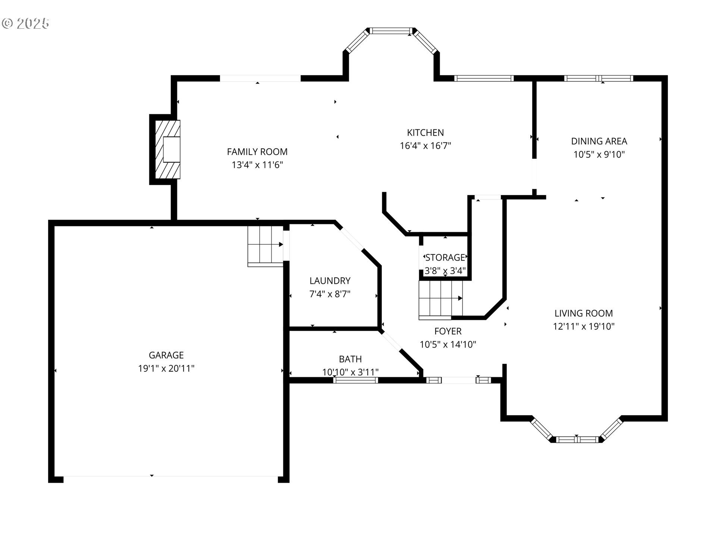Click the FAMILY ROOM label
coord(257,152)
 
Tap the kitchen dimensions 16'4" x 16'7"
coord(425,146)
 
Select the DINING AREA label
coord(599,141)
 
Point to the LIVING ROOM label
coord(583,313)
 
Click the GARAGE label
coord(166,355)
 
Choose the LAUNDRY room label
coord(330,281)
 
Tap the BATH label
coord(350,359)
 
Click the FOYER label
coord(447,331)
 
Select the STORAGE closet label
coord(445,258)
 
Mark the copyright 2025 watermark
coord(25,23)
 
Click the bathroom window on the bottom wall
coord(355,380)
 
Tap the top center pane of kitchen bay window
coord(392,31)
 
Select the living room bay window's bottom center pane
coord(577,439)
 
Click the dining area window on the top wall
coord(598,78)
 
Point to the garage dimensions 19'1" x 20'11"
coord(166,368)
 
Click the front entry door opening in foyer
coord(458,380)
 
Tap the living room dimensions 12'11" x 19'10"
coord(583,327)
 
